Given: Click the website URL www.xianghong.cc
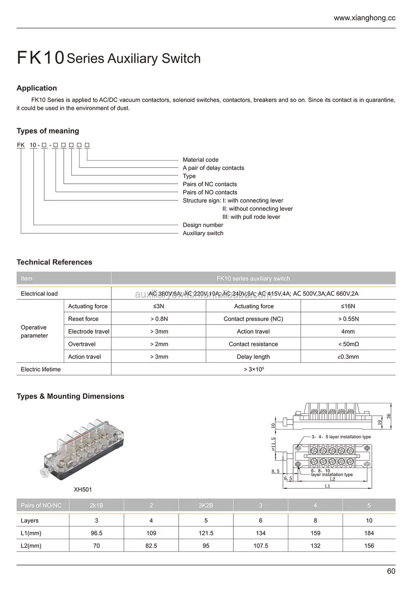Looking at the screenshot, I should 364,18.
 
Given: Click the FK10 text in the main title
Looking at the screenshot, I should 41,58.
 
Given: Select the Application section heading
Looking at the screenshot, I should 37,88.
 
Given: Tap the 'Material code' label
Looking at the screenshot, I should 200,160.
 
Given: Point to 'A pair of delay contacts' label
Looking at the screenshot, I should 213,168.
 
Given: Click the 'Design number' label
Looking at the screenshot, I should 203,225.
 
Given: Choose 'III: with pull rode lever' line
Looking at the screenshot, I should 251,217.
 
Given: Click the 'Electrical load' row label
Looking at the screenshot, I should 39,294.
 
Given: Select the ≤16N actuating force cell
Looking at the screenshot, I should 348,306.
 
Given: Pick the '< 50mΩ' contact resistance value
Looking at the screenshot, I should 348,344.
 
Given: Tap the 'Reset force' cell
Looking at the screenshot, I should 83,319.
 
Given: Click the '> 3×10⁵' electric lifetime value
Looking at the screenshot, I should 253,369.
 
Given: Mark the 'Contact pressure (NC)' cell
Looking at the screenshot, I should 253,319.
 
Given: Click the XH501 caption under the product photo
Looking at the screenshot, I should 83,490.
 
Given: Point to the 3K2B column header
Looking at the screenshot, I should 206,505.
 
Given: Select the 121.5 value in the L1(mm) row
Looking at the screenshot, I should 206,533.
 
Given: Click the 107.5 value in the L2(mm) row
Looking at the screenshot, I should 261,546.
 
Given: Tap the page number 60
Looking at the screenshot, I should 391,571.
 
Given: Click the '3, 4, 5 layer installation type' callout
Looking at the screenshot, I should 341,437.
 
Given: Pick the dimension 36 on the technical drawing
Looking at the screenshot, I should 389,416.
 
